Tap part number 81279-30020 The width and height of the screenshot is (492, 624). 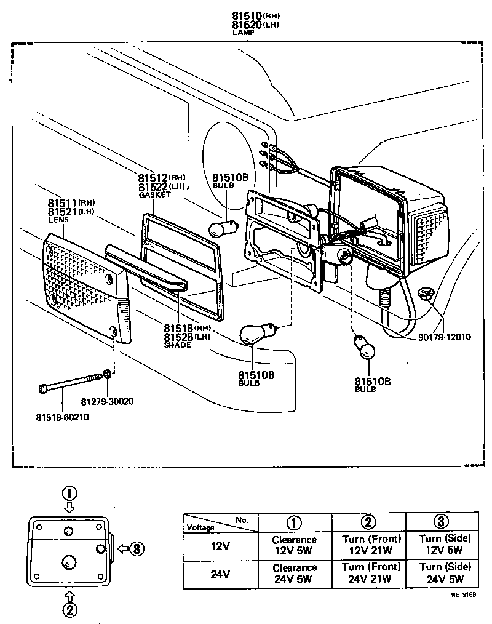[107, 402]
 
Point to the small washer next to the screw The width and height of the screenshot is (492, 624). [108, 374]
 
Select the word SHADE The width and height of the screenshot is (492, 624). [177, 345]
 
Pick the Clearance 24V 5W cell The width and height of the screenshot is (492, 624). [295, 573]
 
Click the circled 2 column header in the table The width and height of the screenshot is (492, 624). [368, 522]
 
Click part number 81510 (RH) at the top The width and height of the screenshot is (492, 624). [246, 15]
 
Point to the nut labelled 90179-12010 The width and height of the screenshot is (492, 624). [423, 294]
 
